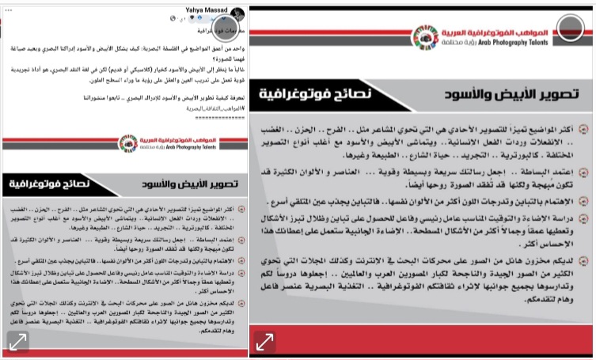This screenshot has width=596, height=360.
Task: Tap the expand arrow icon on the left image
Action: tap(18, 342)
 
